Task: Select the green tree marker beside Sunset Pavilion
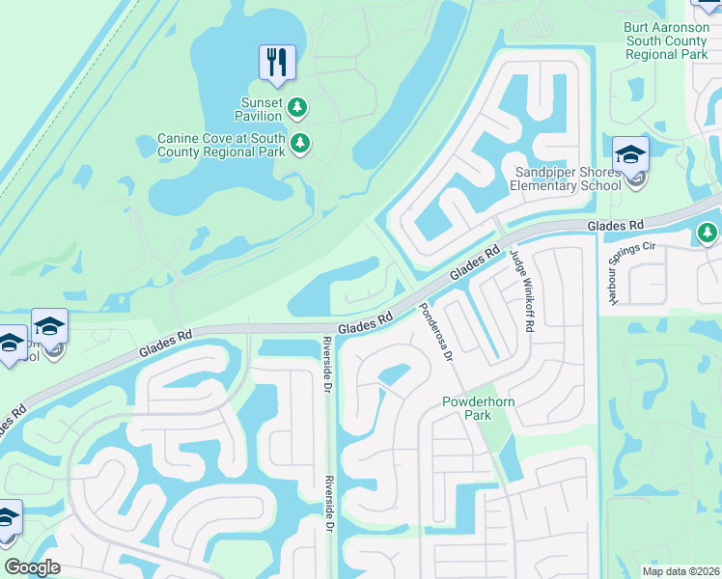299,105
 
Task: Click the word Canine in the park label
181,138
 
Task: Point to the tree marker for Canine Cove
300,144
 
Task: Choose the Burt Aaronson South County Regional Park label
666,41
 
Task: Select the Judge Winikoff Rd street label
521,291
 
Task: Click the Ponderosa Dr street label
435,333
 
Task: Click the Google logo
32,567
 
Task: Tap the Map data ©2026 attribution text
680,571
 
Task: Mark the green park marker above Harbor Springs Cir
708,233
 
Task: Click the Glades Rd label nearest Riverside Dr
366,323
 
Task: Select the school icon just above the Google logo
8,517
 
